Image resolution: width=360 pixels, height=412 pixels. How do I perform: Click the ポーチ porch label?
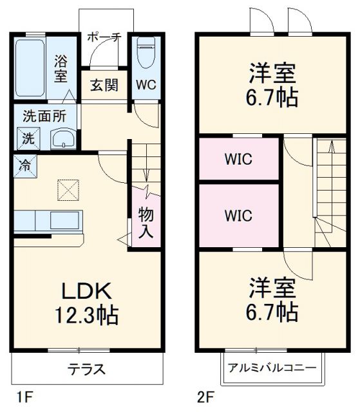tap(104, 37)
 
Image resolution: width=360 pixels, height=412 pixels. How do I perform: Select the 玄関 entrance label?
tap(104, 86)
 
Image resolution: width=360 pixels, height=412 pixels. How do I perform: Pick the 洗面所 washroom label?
tap(40, 117)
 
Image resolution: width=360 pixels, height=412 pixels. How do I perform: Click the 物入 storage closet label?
tap(146, 223)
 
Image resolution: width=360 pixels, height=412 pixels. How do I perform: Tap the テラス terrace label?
tap(87, 370)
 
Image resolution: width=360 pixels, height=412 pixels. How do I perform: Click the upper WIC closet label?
tap(238, 158)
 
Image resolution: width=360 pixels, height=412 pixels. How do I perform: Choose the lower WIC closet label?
tap(238, 215)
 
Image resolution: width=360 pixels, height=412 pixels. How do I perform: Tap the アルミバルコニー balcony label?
tap(272, 368)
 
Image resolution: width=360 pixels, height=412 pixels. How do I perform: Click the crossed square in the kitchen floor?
tap(67, 190)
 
